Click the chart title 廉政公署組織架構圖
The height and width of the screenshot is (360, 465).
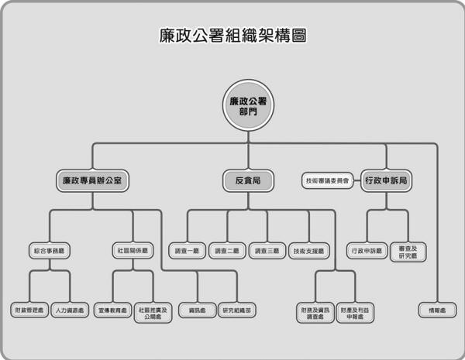click(x=232, y=36)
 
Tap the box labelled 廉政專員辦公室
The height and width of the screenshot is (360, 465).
click(x=92, y=182)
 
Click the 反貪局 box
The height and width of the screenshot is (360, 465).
click(x=248, y=182)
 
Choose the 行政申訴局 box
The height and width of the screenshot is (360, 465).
click(x=386, y=182)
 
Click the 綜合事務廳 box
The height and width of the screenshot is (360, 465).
click(x=51, y=251)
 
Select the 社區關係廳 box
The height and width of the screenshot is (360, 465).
click(x=133, y=251)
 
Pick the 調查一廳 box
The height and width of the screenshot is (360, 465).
click(x=188, y=251)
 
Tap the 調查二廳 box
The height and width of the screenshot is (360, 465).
click(x=228, y=251)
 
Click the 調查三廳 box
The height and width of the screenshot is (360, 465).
click(x=268, y=251)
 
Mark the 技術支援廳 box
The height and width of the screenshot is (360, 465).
click(x=309, y=251)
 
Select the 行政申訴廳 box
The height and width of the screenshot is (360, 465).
click(x=367, y=251)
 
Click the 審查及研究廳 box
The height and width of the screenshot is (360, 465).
click(x=408, y=251)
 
